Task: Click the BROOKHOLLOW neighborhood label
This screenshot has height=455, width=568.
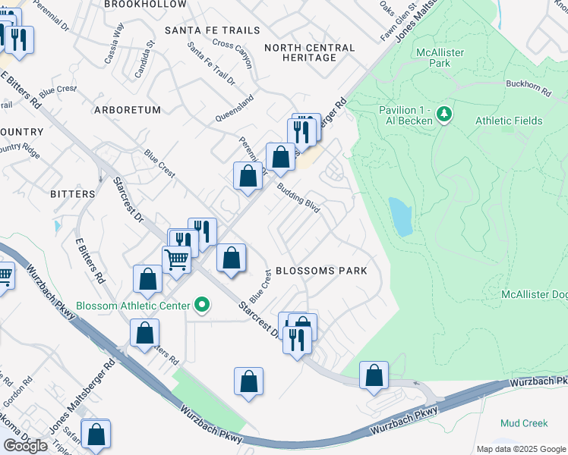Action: pyautogui.click(x=145, y=5)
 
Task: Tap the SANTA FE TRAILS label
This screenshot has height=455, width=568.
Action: pyautogui.click(x=213, y=30)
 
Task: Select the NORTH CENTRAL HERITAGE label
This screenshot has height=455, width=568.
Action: pyautogui.click(x=309, y=54)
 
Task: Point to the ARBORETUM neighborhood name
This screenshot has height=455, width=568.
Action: pyautogui.click(x=128, y=110)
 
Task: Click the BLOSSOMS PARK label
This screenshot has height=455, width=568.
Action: pyautogui.click(x=321, y=271)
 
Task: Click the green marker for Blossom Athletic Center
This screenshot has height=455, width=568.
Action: pyautogui.click(x=201, y=306)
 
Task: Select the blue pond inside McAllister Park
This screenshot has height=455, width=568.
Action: pyautogui.click(x=400, y=217)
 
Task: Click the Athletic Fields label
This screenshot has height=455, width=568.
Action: pyautogui.click(x=509, y=121)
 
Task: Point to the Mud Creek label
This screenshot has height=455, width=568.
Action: pyautogui.click(x=524, y=422)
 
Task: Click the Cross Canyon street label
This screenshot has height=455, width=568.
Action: pyautogui.click(x=232, y=43)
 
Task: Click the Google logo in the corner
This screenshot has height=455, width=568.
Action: pyautogui.click(x=25, y=446)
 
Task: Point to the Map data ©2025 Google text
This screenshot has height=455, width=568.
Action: pyautogui.click(x=520, y=449)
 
